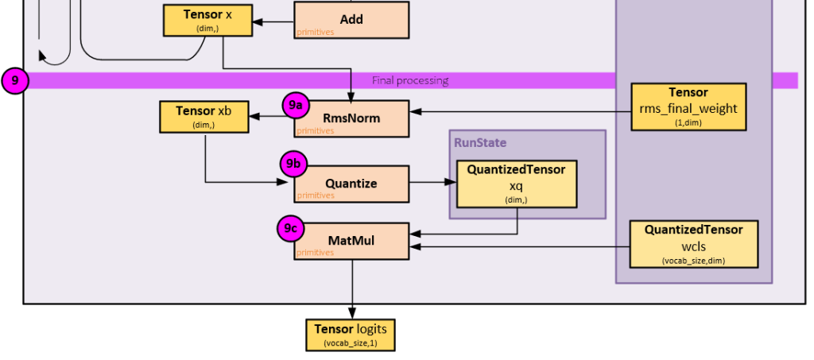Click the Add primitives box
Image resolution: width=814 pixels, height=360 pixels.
351,20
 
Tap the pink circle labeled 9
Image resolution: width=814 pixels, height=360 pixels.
14,80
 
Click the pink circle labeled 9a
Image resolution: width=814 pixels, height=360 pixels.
296,105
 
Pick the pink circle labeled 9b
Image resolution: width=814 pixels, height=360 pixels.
293,165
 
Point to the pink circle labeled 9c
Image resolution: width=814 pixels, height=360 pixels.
290,229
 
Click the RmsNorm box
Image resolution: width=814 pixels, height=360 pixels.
351,118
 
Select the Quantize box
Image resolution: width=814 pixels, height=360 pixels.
351,184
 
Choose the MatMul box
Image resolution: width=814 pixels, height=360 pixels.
351,241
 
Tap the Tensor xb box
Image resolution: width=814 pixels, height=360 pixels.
203,116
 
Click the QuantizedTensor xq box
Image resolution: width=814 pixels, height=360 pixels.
516,184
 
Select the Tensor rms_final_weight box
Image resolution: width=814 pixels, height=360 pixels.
688,106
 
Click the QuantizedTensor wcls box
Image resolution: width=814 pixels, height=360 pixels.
693,244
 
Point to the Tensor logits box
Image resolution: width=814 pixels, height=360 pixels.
350,335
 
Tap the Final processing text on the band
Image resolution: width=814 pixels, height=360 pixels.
410,80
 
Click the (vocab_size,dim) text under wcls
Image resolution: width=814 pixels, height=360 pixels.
693,261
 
